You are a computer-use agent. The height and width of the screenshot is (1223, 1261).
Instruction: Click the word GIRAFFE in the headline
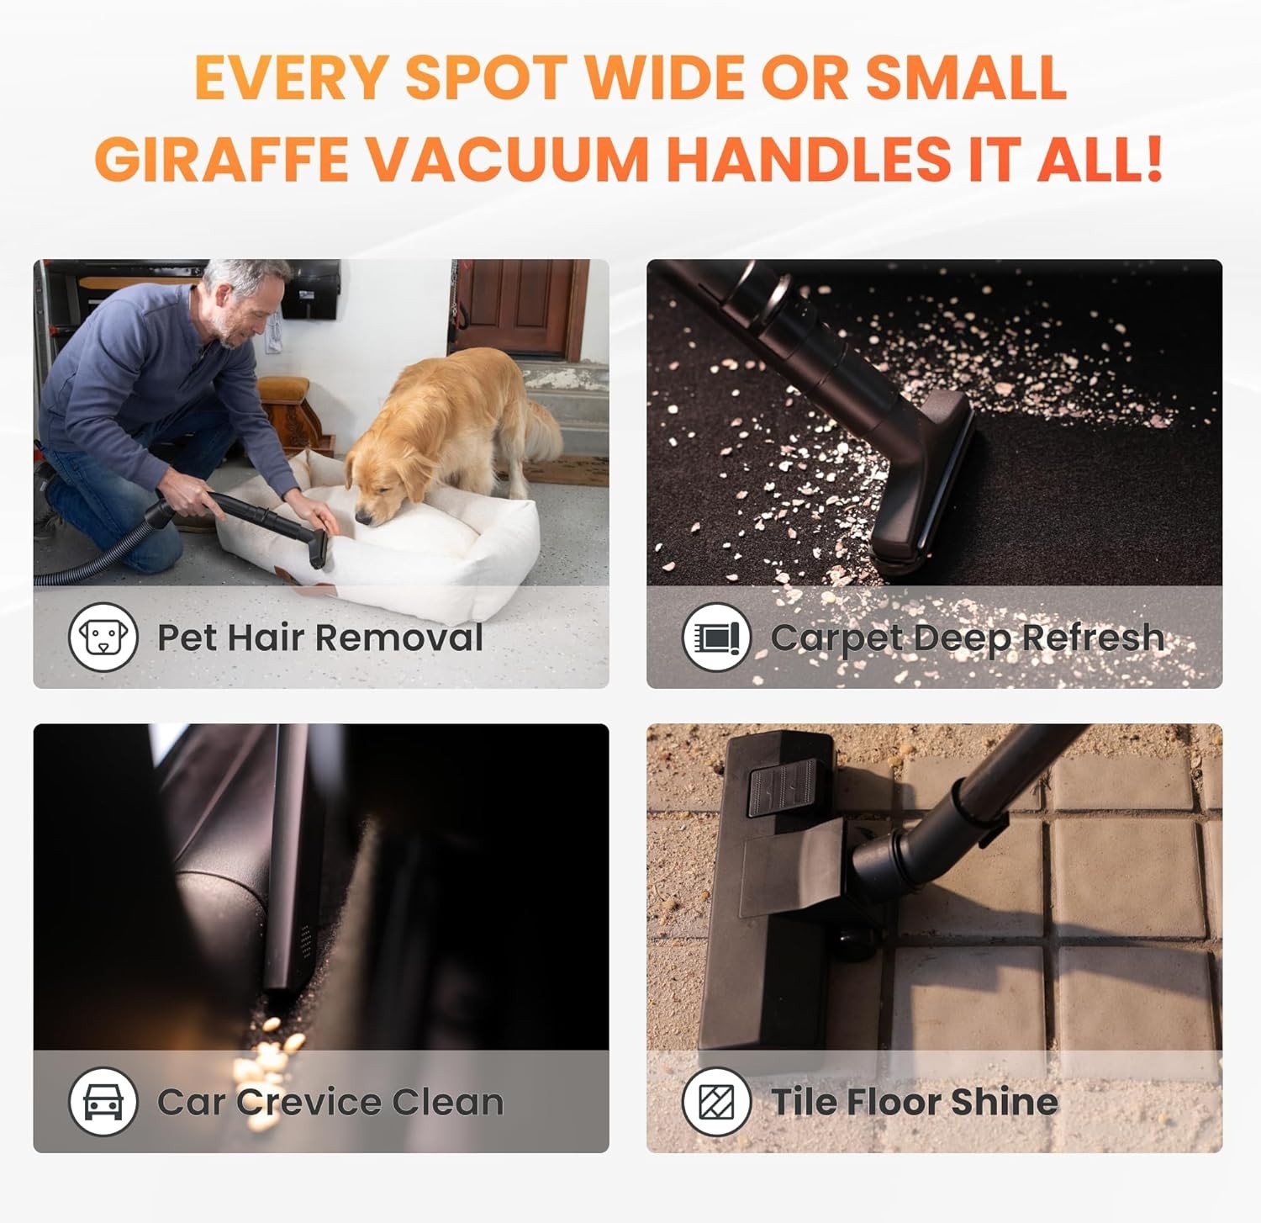[221, 157]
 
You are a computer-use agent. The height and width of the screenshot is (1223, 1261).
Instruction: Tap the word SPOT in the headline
[486, 77]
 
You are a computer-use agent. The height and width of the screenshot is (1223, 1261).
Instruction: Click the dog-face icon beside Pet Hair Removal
[103, 637]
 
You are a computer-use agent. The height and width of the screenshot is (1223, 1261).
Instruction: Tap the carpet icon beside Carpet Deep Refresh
[716, 637]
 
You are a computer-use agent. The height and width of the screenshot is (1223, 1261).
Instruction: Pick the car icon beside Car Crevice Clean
[103, 1101]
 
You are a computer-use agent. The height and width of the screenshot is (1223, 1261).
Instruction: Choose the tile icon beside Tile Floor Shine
[716, 1101]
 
